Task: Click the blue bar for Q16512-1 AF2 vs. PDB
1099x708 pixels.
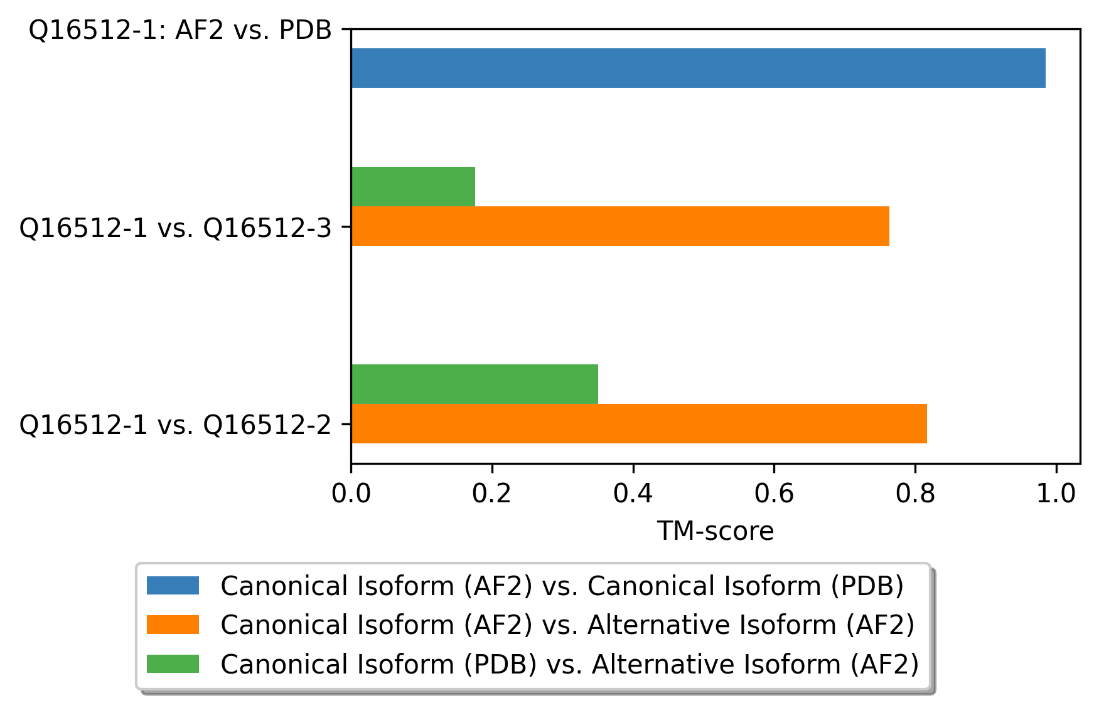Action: tap(698, 68)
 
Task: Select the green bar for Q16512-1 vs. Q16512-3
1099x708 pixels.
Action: tap(413, 186)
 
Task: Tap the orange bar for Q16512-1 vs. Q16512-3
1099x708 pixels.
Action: tap(620, 226)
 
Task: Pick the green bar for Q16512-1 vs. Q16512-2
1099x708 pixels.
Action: tap(474, 384)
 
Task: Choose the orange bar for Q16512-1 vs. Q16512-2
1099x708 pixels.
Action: tap(639, 423)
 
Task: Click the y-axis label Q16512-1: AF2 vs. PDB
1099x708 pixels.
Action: tap(180, 29)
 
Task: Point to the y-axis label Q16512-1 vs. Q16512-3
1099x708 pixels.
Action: tap(175, 228)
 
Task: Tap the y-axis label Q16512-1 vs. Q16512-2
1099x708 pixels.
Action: tap(175, 425)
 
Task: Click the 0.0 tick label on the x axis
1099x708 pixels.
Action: tap(351, 494)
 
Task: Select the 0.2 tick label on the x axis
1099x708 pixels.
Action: tap(492, 494)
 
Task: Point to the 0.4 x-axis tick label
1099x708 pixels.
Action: tap(633, 494)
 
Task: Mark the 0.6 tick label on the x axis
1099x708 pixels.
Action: tap(774, 494)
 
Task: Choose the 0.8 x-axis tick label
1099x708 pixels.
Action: tap(915, 494)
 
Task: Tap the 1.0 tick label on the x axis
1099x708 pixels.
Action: tap(1056, 494)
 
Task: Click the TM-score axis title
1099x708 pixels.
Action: tap(716, 531)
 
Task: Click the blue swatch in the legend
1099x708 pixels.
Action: tap(173, 586)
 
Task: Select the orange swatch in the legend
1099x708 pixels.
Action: tap(173, 625)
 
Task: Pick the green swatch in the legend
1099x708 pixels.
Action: tap(173, 663)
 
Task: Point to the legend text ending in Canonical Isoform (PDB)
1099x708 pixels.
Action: tap(562, 586)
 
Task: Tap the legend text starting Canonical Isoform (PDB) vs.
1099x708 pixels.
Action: tap(570, 664)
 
